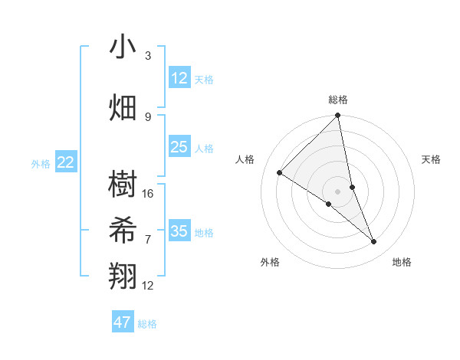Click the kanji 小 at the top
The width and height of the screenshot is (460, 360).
coord(123,47)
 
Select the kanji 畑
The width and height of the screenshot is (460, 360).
coord(123,107)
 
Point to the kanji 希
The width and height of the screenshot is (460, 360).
coord(123,231)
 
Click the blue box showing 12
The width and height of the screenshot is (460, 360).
coord(179,78)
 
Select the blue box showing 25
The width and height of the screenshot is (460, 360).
coord(179,147)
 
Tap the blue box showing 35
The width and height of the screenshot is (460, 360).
coord(179,231)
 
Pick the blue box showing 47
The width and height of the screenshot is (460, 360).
coord(123,322)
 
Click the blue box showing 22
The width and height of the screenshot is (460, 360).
coord(66,162)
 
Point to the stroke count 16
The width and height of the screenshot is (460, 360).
coord(149,194)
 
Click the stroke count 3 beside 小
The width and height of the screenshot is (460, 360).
coord(148,56)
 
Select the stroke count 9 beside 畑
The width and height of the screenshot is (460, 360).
coord(148,116)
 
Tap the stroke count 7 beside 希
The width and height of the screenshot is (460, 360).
coord(148,239)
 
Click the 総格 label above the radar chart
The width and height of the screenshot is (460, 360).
coord(338,100)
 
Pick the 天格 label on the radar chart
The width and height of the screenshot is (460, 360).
coord(432,159)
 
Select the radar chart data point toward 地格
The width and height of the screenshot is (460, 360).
coord(374,242)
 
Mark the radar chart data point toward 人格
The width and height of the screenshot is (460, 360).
coord(280,172)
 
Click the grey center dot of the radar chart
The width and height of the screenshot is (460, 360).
coord(338,191)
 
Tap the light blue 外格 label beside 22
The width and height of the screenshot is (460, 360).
coord(40,163)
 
